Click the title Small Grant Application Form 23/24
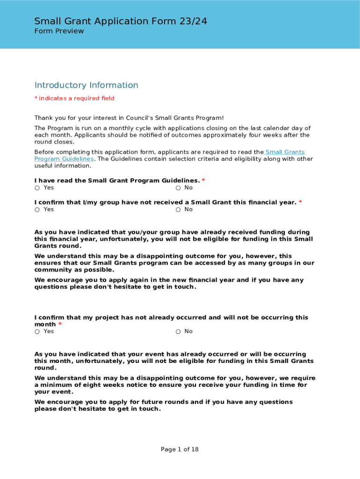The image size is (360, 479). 121,21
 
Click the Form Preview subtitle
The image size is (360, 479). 59,31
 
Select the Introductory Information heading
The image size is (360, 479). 86,85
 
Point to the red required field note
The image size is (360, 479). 74,98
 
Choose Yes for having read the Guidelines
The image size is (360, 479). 37,188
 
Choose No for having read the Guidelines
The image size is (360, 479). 178,188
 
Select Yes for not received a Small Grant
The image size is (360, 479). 37,210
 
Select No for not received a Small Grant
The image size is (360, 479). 178,210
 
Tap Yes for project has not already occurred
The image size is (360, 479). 37,332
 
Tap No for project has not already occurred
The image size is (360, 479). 178,332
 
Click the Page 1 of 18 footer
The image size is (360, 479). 180,450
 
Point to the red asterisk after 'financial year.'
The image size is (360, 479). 300,202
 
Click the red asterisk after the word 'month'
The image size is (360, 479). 60,324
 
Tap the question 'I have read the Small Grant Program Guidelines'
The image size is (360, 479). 117,181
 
